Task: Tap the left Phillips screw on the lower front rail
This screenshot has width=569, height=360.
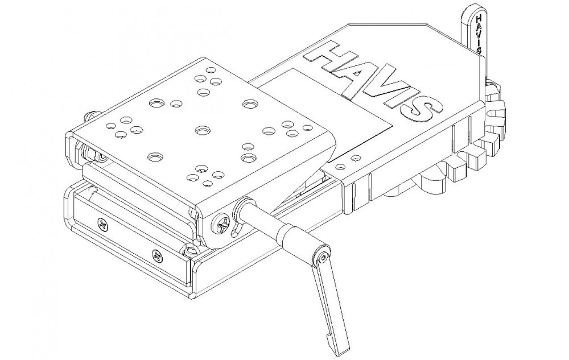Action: tap(104, 226)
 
